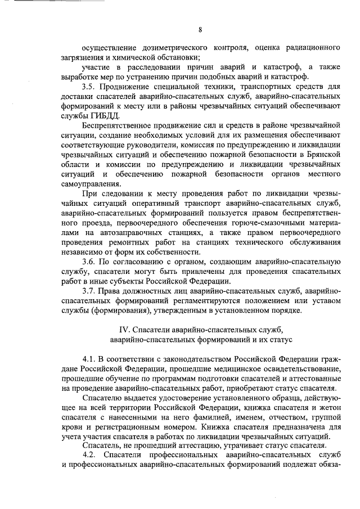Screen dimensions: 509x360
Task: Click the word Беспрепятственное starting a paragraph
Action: [116, 125]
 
